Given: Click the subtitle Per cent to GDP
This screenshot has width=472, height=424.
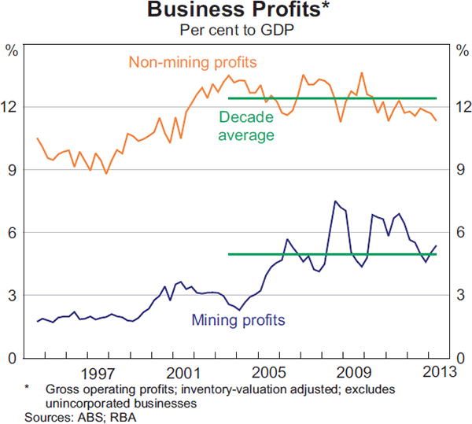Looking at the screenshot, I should pyautogui.click(x=236, y=31).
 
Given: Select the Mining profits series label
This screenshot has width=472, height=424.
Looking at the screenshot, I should pyautogui.click(x=238, y=320).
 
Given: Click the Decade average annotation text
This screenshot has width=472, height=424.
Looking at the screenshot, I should pyautogui.click(x=247, y=126).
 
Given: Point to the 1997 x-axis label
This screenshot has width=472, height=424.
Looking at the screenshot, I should pyautogui.click(x=98, y=371).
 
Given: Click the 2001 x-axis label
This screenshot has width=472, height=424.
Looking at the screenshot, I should pyautogui.click(x=183, y=371).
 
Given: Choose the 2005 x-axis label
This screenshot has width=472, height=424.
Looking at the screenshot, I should pyautogui.click(x=269, y=371).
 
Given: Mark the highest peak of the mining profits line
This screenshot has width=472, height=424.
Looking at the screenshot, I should pyautogui.click(x=336, y=201).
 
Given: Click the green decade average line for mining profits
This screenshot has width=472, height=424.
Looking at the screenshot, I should pyautogui.click(x=330, y=254).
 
